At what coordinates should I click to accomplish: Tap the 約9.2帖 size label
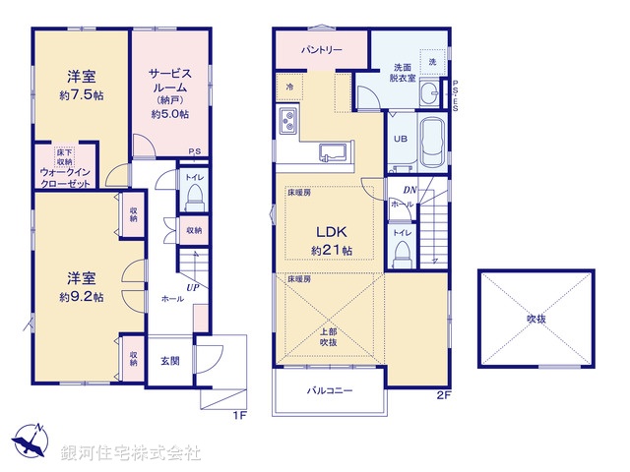click(82, 296)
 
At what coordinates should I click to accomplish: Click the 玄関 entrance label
click(170, 360)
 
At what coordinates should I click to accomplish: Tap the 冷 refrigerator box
click(290, 86)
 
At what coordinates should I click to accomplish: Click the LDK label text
click(331, 232)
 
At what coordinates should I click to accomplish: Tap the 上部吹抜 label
click(329, 336)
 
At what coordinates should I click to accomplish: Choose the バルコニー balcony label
click(329, 390)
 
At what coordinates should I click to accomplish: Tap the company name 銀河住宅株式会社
click(131, 453)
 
